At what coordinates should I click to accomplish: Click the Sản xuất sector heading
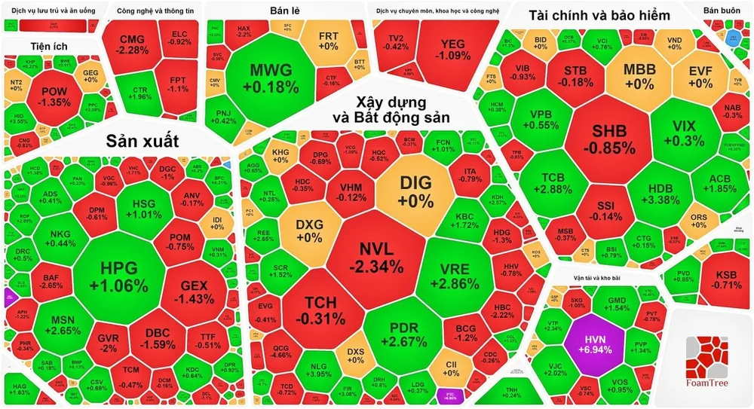click(142, 141)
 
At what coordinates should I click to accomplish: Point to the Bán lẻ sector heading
click(285, 11)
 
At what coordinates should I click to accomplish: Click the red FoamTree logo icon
click(708, 354)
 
